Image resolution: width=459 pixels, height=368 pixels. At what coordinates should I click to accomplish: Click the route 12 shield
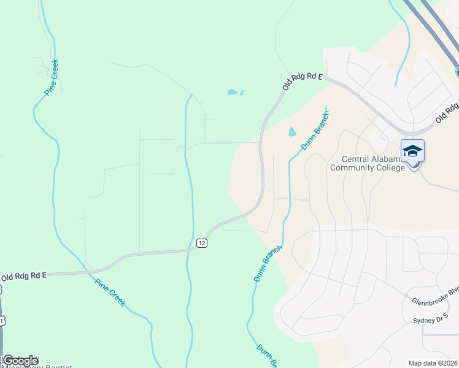click(x=202, y=243)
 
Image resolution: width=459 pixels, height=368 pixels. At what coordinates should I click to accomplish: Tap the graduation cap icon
click(x=412, y=151)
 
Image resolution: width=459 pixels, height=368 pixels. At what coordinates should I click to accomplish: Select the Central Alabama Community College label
click(x=368, y=163)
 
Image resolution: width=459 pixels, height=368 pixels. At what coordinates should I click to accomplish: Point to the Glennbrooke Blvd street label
click(x=435, y=299)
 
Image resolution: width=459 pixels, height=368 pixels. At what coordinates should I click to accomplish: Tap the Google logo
click(x=20, y=360)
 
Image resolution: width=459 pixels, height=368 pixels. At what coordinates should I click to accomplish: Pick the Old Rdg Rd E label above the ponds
click(x=303, y=81)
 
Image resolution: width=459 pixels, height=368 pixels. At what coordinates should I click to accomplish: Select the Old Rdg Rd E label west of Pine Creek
click(x=24, y=277)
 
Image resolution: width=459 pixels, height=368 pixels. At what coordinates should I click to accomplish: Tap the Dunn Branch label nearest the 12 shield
click(x=268, y=264)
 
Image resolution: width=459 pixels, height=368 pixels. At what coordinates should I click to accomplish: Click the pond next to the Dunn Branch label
click(x=291, y=131)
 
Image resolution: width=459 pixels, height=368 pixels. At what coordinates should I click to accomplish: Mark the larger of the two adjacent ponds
click(x=232, y=93)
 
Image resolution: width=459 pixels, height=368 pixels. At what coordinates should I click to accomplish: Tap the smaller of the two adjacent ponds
click(x=242, y=93)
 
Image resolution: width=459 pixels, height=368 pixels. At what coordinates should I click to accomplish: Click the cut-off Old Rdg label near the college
click(x=447, y=112)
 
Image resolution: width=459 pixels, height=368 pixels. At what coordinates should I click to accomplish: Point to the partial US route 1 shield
click(x=2, y=321)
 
